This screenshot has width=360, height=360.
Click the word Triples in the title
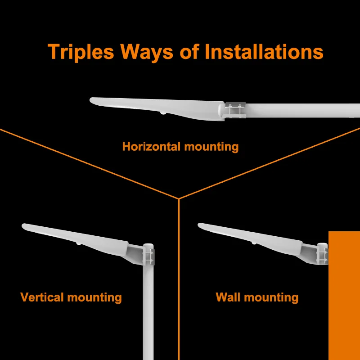(x=81, y=52)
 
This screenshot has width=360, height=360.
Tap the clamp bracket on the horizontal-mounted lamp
(x=235, y=110)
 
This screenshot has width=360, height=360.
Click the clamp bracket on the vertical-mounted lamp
(x=148, y=255)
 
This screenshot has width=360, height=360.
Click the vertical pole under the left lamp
(x=148, y=315)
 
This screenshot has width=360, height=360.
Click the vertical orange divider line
(x=179, y=279)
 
